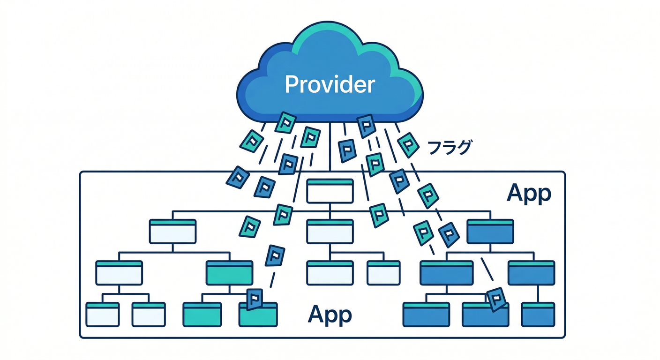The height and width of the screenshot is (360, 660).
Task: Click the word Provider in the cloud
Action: click(x=330, y=84)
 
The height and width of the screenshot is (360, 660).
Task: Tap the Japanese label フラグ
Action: click(x=449, y=148)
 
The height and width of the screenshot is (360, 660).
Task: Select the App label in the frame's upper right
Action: click(x=529, y=194)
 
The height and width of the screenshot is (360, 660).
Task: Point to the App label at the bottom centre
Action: click(x=330, y=315)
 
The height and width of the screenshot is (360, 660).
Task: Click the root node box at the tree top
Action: click(x=330, y=191)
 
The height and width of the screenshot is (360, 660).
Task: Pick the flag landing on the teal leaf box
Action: click(x=255, y=300)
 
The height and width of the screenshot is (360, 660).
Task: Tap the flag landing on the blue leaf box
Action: click(x=496, y=299)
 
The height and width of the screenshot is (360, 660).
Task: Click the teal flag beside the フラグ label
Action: click(x=408, y=145)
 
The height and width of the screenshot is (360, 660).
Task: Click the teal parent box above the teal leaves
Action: click(x=230, y=273)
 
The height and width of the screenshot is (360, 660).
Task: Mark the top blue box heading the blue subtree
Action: click(x=490, y=231)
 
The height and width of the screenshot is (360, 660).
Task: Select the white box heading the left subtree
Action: click(x=172, y=231)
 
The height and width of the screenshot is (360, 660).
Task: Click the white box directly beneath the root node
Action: click(x=330, y=231)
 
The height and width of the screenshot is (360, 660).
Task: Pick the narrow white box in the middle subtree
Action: click(x=383, y=273)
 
